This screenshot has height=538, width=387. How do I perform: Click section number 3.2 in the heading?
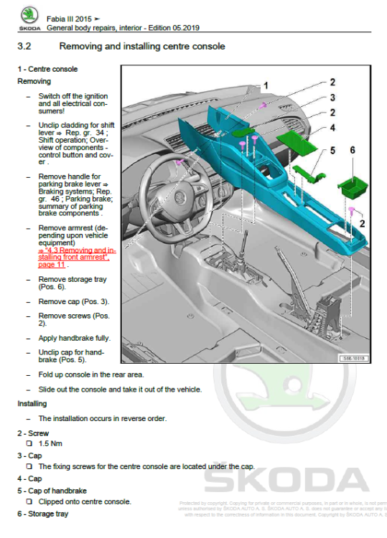coord(25,47)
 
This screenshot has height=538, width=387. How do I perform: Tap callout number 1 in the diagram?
coord(265,85)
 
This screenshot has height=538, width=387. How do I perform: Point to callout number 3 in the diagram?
coord(332,98)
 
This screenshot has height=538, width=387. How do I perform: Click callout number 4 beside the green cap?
coord(332,128)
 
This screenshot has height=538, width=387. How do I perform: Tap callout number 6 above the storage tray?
coord(353,151)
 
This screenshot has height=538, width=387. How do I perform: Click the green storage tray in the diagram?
coord(352,187)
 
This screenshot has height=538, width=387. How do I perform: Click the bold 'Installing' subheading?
coord(32,404)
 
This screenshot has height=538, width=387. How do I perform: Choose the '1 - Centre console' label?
coord(47,69)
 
